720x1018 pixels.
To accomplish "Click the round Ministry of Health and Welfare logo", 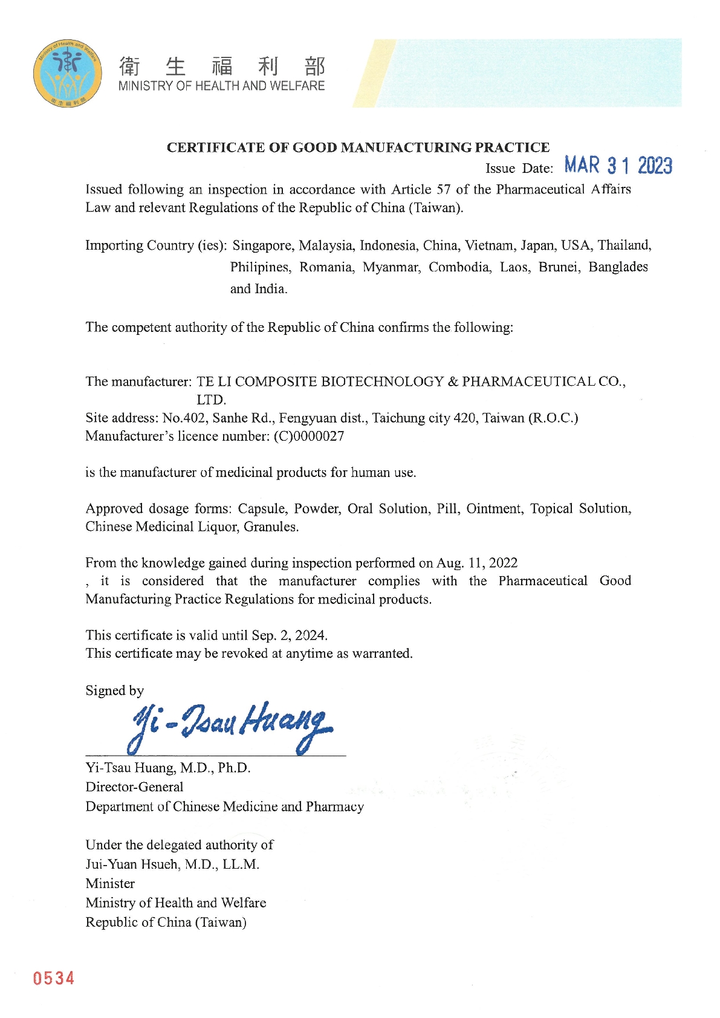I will point(67,74).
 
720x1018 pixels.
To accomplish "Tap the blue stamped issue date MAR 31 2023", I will point(618,165).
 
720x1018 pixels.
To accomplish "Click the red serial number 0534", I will point(54,978).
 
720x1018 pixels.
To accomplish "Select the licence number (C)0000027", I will point(309,436).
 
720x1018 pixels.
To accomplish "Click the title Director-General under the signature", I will point(134,787).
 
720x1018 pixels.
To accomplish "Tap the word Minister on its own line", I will point(110,884).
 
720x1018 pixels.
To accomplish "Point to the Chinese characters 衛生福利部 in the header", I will point(222,66).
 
